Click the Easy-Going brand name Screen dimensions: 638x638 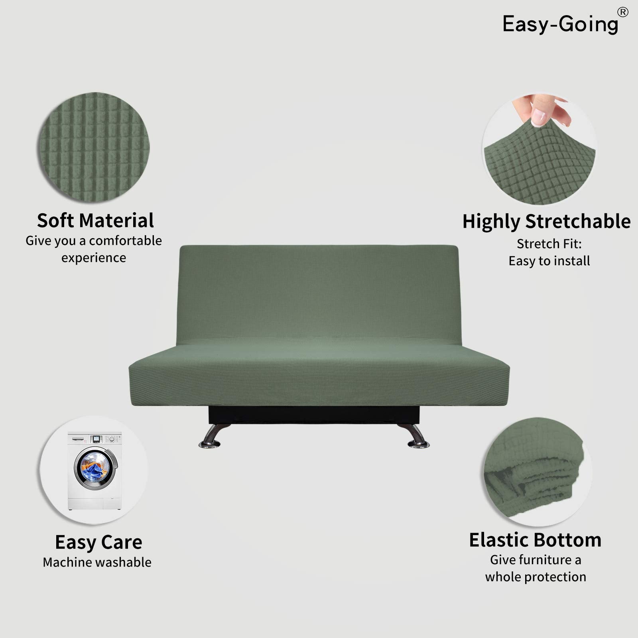pos(560,24)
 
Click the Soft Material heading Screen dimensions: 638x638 pos(95,221)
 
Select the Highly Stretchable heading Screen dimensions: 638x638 pos(546,222)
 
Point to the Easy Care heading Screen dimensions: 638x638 pos(98,542)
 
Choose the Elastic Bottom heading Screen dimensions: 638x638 pos(535,540)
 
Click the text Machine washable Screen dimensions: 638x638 pos(97,562)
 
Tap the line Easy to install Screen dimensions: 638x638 pos(549,261)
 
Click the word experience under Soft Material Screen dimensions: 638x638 pos(94,258)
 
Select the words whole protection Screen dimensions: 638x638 pos(536,577)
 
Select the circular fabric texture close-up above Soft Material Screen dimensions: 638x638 pos(94,148)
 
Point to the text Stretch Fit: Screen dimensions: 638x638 pos(549,244)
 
